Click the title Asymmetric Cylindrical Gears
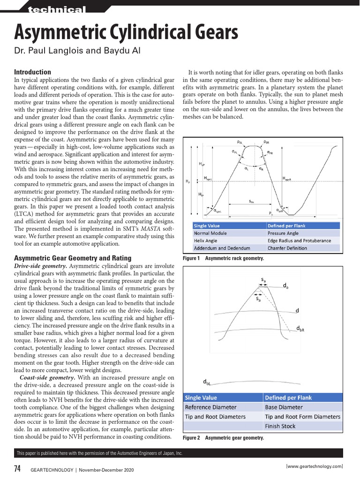[x=126, y=33]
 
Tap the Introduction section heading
[x=32, y=72]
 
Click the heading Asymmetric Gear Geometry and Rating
[x=73, y=258]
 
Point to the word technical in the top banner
[x=57, y=9]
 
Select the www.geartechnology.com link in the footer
[x=314, y=466]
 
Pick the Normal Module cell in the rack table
[x=210, y=233]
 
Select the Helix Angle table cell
[x=205, y=240]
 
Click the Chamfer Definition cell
[x=287, y=248]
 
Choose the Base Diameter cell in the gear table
[x=284, y=407]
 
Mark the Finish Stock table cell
[x=280, y=426]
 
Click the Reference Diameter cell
[x=211, y=407]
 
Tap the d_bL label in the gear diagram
[x=207, y=381]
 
